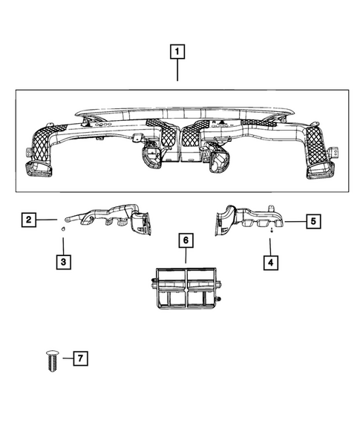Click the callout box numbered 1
click(177, 52)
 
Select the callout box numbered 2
click(28, 220)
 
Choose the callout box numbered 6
click(186, 240)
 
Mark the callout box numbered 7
click(80, 359)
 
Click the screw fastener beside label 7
click(50, 363)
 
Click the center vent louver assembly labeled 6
click(185, 288)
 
